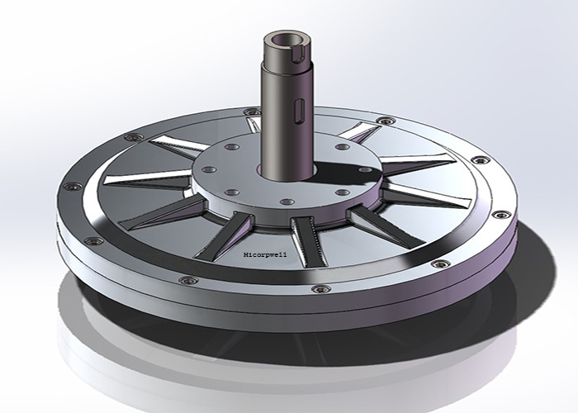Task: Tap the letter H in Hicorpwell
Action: coord(247,257)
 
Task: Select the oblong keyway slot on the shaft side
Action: coord(302,112)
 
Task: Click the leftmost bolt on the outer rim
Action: coord(69,187)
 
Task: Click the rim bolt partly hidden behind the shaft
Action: coord(254,121)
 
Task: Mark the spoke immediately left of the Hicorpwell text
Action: coord(235,231)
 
